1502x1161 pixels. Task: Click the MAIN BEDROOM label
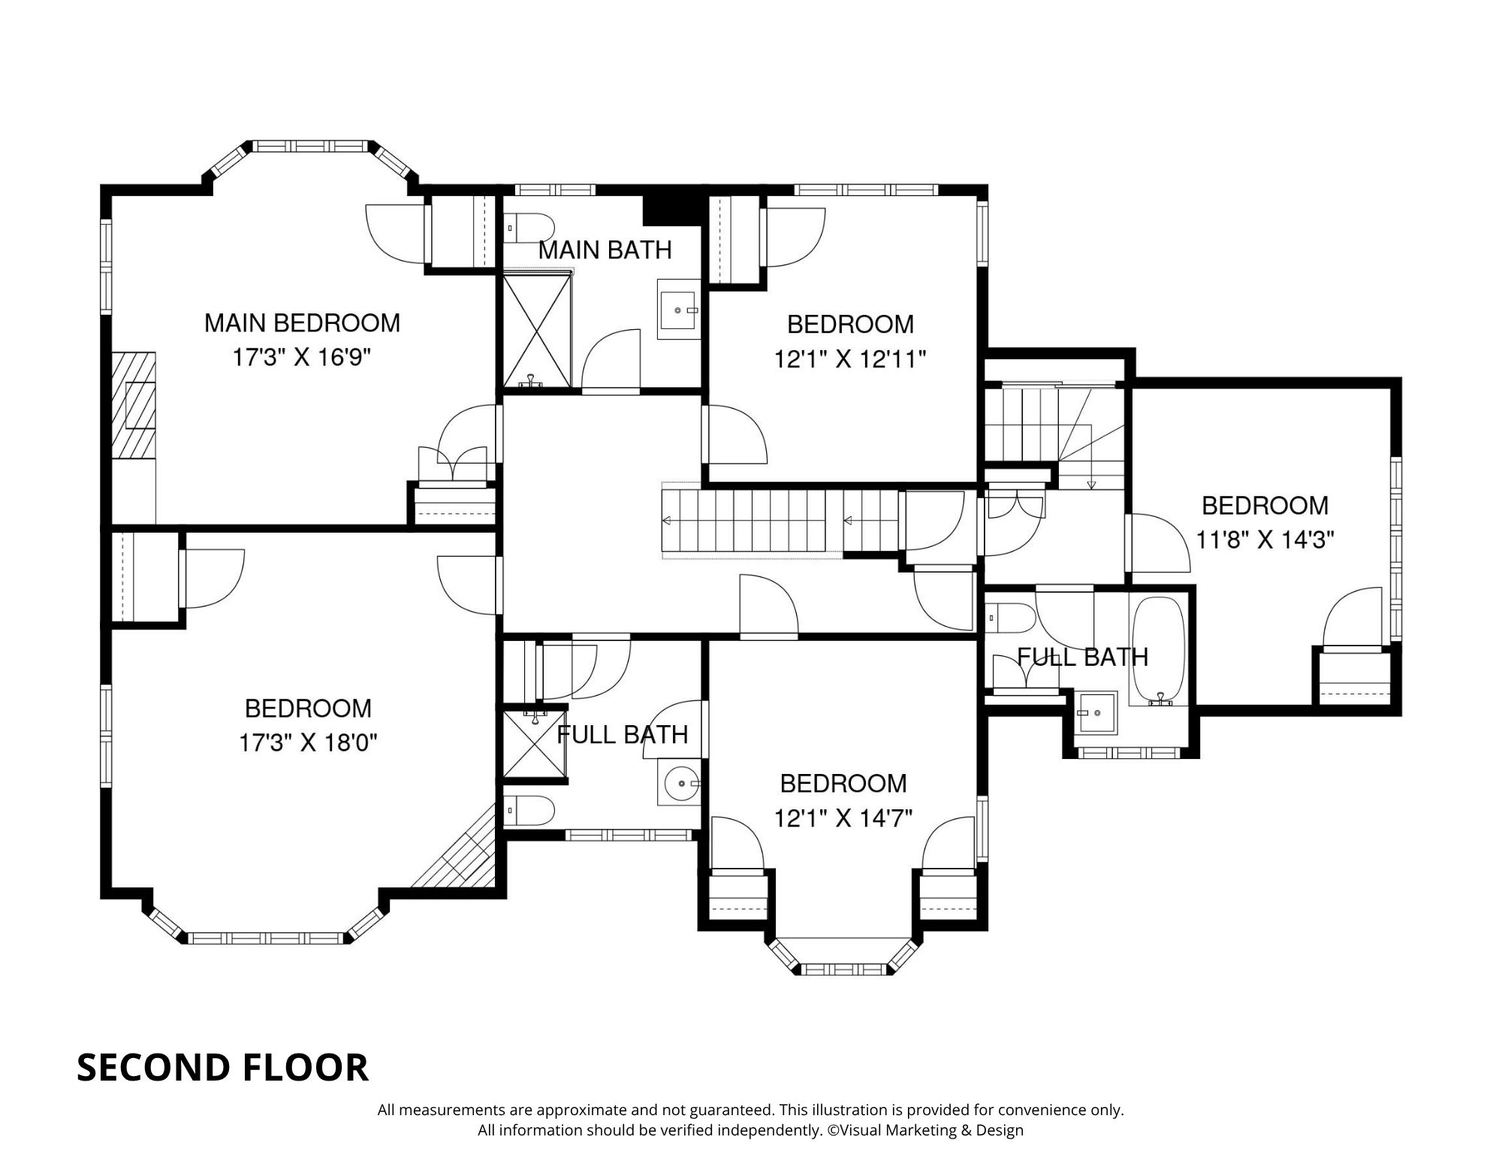[x=302, y=323]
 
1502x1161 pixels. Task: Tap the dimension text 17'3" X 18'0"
[x=307, y=743]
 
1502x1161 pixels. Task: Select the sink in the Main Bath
[x=679, y=310]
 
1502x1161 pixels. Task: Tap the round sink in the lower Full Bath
[x=680, y=784]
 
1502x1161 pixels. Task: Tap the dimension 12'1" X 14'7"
[x=843, y=818]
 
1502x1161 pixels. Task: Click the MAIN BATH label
[x=605, y=250]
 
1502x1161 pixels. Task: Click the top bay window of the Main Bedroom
[x=312, y=146]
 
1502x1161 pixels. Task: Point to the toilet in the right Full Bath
[x=1009, y=618]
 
